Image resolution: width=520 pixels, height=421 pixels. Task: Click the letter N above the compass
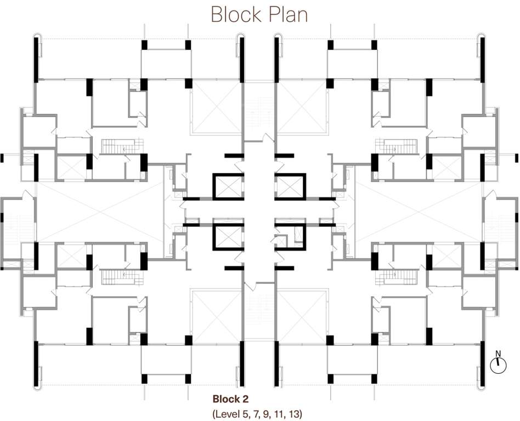(498, 353)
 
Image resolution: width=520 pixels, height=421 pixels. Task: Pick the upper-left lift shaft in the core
(229, 187)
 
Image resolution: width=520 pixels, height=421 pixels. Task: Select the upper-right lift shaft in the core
(289, 187)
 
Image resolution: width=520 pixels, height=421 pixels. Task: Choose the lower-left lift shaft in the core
(229, 237)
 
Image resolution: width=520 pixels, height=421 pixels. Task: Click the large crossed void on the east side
(419, 212)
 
